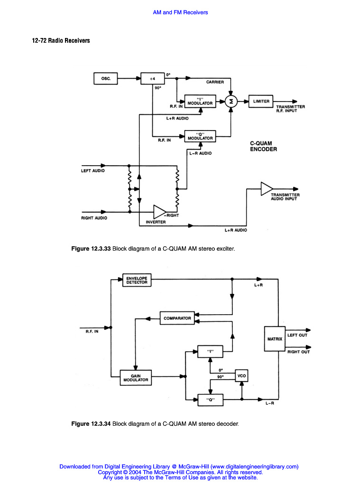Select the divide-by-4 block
click(153, 79)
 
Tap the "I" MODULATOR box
click(200, 101)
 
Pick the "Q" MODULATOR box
click(200, 136)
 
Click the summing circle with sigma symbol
click(231, 101)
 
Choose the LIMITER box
click(261, 101)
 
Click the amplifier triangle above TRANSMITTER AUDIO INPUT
click(267, 188)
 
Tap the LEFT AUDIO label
click(93, 170)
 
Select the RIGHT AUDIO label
click(94, 218)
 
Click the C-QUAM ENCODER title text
click(263, 146)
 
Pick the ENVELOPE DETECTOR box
click(137, 280)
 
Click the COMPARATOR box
click(177, 318)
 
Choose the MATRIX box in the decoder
click(275, 339)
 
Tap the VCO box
click(241, 375)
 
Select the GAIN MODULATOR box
click(136, 378)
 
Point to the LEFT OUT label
click(297, 335)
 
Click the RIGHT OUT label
click(298, 352)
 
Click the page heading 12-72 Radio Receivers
click(61, 41)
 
